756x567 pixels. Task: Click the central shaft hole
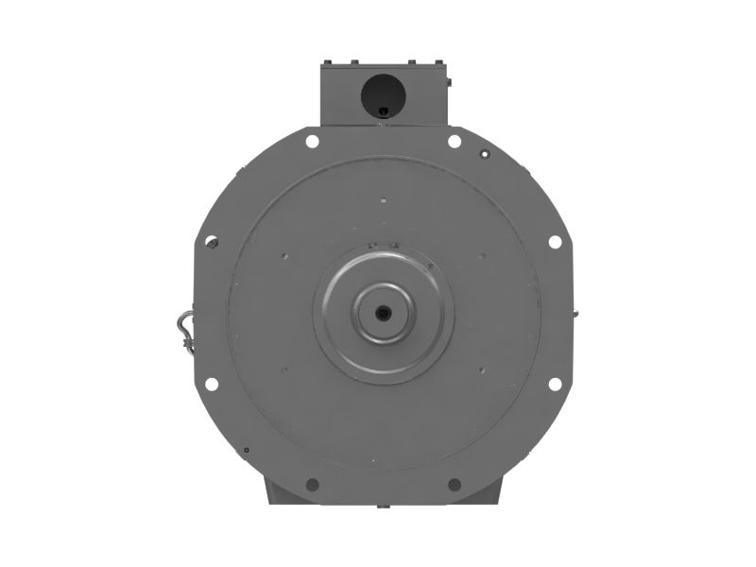(384, 313)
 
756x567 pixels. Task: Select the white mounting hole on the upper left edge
(212, 241)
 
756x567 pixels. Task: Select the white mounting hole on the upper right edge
(555, 241)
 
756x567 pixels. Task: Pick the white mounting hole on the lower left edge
(212, 384)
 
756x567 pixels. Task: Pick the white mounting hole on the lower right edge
(555, 384)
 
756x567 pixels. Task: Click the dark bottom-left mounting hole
(312, 485)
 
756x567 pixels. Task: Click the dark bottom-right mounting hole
(455, 485)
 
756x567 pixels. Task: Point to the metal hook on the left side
(182, 326)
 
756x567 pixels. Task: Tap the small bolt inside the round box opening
(382, 112)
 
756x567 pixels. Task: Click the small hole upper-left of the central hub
(285, 256)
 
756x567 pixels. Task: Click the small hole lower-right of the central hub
(482, 369)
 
